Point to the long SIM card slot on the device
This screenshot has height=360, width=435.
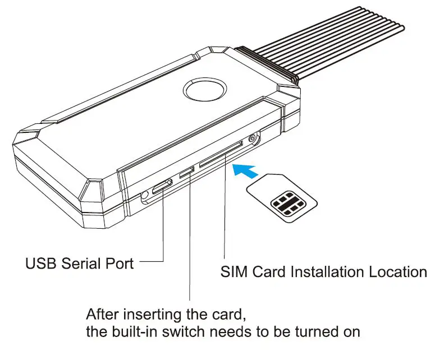point(221,154)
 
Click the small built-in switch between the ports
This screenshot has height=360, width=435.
point(187,170)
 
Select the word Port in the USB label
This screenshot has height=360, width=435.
point(120,262)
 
